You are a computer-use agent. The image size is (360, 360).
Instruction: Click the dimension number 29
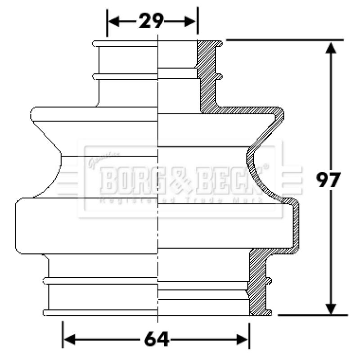(x=151, y=21)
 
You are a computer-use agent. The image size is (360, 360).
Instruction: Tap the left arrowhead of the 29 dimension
(x=113, y=21)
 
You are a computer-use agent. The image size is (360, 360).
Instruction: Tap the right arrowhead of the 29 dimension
(x=191, y=21)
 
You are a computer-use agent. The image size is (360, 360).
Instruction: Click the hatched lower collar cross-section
(x=258, y=283)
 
